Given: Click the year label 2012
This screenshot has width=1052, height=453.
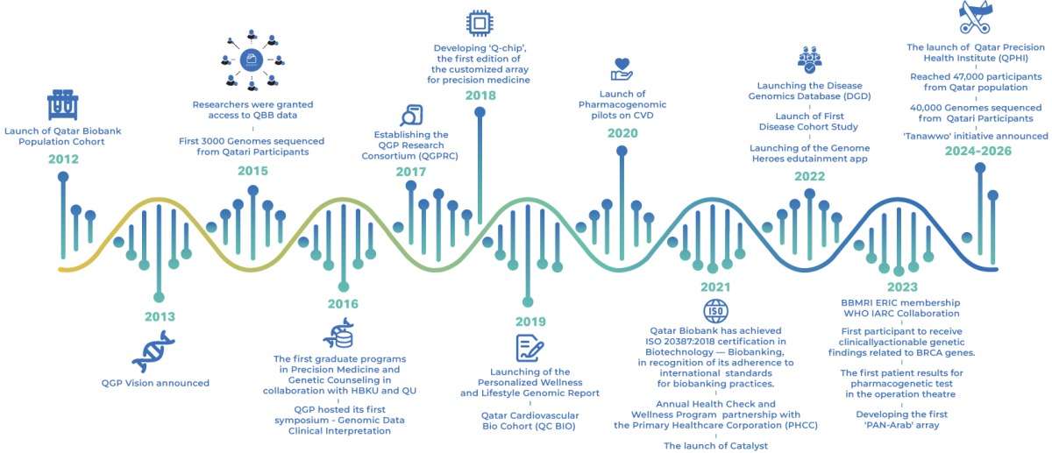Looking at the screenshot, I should coord(63,159).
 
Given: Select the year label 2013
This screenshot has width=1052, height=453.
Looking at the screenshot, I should coord(159,316).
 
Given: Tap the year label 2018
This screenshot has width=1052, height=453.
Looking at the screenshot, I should coord(480,95).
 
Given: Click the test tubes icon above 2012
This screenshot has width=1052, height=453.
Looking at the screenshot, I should coord(62,105).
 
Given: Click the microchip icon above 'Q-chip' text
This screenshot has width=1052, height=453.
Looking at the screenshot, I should coord(480,22).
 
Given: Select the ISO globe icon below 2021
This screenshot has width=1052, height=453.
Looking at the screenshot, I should coord(715,310).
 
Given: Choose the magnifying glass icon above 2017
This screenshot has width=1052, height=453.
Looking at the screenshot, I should coord(411,116).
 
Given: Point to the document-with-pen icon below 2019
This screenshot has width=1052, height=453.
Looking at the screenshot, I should coord(530,347).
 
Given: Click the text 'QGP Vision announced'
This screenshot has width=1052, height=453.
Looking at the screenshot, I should coord(155,383).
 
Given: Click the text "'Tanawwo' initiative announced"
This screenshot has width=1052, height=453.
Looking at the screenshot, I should coord(976,136).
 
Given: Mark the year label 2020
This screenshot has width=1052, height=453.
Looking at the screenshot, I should coord(622,133).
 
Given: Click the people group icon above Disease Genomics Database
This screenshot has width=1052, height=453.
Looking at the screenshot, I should coord(809,58).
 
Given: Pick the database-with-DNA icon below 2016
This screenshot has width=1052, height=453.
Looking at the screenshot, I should coord(338,335).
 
